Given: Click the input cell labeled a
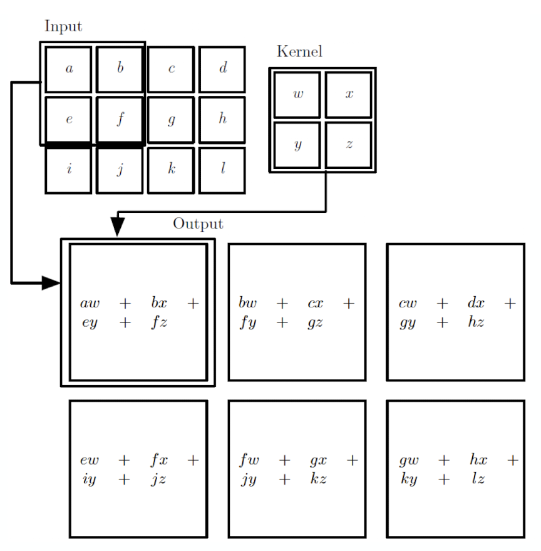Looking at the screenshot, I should click(x=69, y=69).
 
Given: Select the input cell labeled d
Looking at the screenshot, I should click(x=222, y=69).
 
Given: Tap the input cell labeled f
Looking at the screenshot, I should click(x=120, y=120).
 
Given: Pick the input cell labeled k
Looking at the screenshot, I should click(x=171, y=170).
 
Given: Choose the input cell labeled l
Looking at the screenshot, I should click(x=222, y=170).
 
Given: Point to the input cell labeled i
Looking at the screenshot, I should click(x=69, y=170).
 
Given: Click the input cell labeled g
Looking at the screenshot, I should click(x=171, y=120).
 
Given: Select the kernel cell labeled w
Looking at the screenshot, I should click(x=297, y=95).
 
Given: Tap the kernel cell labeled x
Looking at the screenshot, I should click(x=349, y=95).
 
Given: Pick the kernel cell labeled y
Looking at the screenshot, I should click(x=297, y=145).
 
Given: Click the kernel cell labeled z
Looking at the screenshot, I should click(x=349, y=145).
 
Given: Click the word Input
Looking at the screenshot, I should click(x=63, y=26).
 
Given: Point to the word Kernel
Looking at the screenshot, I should click(x=300, y=52).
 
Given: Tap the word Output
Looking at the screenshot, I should click(x=198, y=224).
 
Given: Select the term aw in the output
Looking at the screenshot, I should click(x=90, y=303).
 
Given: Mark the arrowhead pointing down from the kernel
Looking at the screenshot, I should click(x=117, y=227).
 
